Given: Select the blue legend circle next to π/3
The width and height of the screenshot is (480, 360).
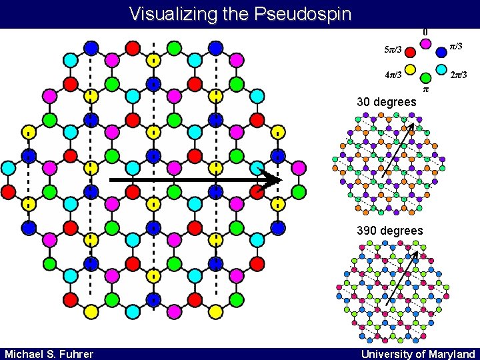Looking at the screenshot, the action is click(x=441, y=51).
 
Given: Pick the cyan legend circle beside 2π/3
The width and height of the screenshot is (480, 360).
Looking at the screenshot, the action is click(x=441, y=69).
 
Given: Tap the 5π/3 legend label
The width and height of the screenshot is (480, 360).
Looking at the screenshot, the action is click(x=393, y=50).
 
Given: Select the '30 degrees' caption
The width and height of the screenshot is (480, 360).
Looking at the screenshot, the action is click(x=387, y=102).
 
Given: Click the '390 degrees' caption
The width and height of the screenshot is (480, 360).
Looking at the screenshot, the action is click(x=390, y=231).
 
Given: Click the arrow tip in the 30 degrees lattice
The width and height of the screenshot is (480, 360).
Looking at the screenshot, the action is click(x=413, y=125).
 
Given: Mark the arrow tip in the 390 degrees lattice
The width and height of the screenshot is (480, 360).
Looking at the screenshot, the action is click(x=417, y=253).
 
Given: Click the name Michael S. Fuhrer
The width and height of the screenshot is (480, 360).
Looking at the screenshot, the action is click(x=49, y=353).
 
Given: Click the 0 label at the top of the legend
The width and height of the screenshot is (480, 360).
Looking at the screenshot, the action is click(x=425, y=31).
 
